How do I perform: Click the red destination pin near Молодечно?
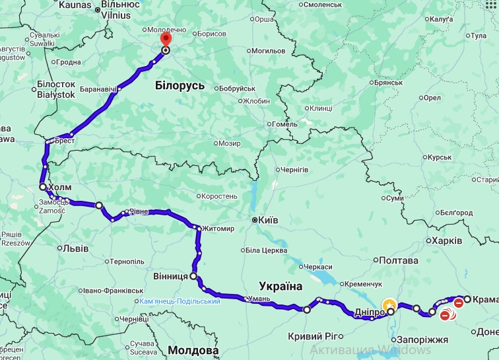[165, 40]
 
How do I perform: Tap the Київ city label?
[268, 220]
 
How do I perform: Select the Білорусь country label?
[180, 86]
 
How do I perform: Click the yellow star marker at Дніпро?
[389, 305]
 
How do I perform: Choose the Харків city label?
[447, 240]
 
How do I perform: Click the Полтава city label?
[400, 260]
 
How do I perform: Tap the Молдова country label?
[193, 349]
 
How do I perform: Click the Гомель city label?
[284, 124]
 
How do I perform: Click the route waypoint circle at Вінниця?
[193, 276]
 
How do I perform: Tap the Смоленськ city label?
[325, 5]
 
